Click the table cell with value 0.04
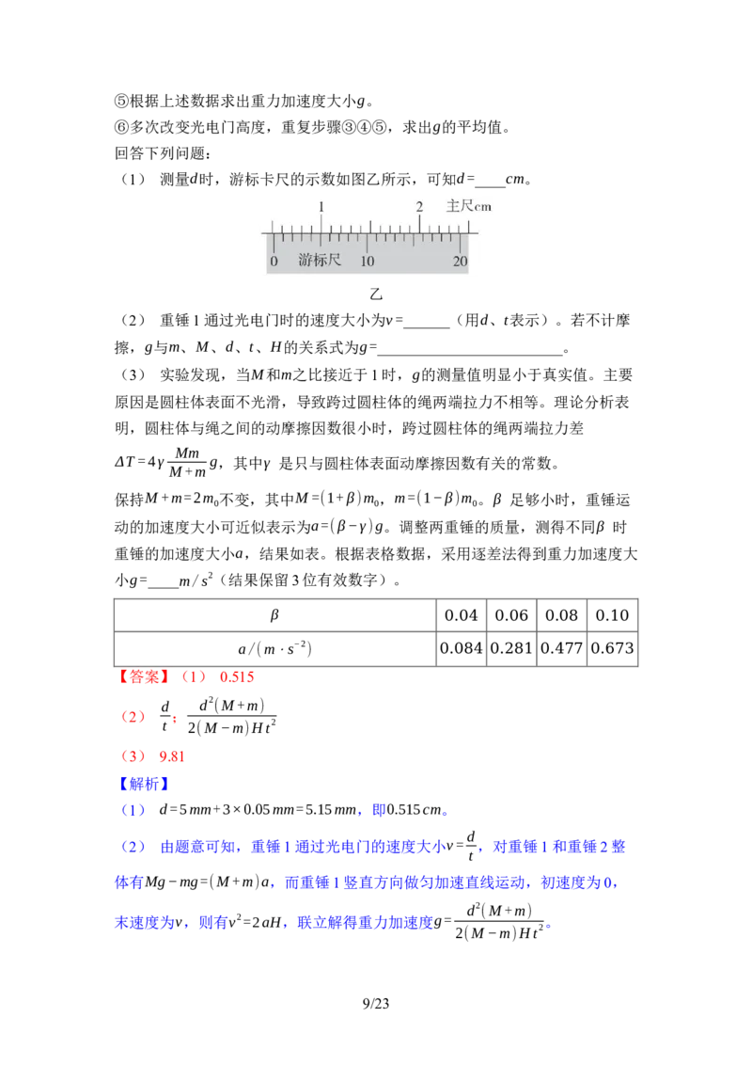point(461,615)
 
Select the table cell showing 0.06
point(511,615)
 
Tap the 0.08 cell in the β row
point(561,615)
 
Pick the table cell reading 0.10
point(612,615)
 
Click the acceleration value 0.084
point(461,648)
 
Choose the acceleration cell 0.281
point(511,648)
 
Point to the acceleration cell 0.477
point(561,648)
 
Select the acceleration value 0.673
point(612,648)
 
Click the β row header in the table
point(274,615)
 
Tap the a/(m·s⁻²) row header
point(274,648)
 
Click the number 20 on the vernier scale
point(461,261)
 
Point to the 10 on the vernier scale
point(368,261)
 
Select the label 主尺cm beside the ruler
point(468,206)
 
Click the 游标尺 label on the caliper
point(319,260)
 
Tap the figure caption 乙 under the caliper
point(376,294)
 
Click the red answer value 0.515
point(237,677)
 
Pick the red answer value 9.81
point(172,756)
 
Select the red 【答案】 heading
point(144,677)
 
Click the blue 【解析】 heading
point(144,784)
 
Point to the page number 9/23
point(376,1004)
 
